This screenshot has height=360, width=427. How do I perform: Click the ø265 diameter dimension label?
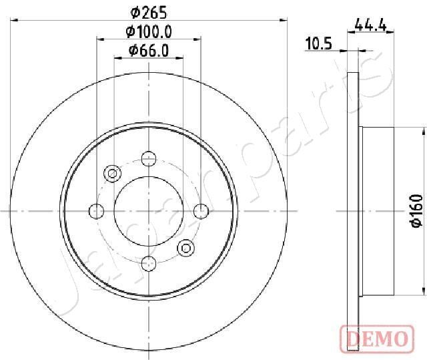(x=148, y=13)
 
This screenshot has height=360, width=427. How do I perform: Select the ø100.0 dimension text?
(x=149, y=32)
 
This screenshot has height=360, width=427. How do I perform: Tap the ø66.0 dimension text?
(x=149, y=51)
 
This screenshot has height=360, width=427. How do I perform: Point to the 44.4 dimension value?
(x=371, y=26)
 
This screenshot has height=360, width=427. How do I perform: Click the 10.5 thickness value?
(x=319, y=43)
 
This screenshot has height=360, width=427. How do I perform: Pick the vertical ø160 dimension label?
(x=416, y=210)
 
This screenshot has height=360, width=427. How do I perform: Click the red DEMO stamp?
(x=377, y=339)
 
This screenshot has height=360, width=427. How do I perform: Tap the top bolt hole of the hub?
(x=149, y=158)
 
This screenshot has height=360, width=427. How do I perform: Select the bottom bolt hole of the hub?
(x=149, y=264)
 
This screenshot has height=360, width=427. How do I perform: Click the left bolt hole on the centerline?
(x=96, y=211)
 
